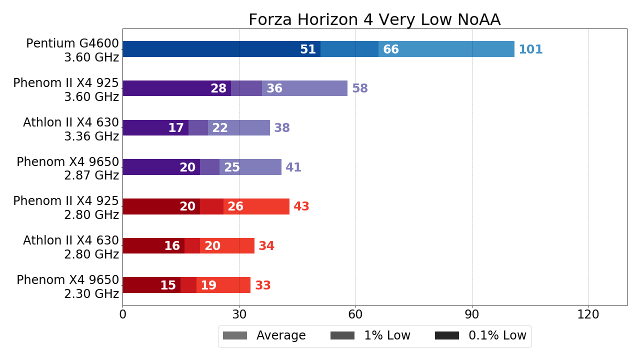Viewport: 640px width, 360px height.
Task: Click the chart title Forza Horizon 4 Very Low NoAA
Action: pyautogui.click(x=374, y=19)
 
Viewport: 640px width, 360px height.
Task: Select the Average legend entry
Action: pyautogui.click(x=264, y=335)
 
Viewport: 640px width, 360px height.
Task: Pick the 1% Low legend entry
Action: pyautogui.click(x=370, y=335)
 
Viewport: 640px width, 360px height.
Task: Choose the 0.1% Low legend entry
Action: pyautogui.click(x=480, y=335)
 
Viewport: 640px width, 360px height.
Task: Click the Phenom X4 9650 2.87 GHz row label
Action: pyautogui.click(x=67, y=168)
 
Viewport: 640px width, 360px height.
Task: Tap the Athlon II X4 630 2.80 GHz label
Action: pyautogui.click(x=70, y=247)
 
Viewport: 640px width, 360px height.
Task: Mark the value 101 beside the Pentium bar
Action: pyautogui.click(x=530, y=49)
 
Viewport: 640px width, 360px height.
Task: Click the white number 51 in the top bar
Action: pyautogui.click(x=308, y=49)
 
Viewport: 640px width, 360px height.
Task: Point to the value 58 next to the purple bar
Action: pyautogui.click(x=360, y=88)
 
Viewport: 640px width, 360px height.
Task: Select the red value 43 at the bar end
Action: pyautogui.click(x=301, y=206)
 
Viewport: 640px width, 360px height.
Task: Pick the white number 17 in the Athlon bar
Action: pyautogui.click(x=176, y=128)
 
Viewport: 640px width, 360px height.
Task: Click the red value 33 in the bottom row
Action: pyautogui.click(x=263, y=285)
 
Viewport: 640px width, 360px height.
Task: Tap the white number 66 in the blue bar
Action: pyautogui.click(x=391, y=49)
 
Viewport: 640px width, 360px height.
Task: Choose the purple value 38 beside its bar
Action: pyautogui.click(x=282, y=128)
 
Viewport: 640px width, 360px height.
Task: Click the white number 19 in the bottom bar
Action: pyautogui.click(x=208, y=285)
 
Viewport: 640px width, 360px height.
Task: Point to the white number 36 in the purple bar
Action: pyautogui.click(x=274, y=88)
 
